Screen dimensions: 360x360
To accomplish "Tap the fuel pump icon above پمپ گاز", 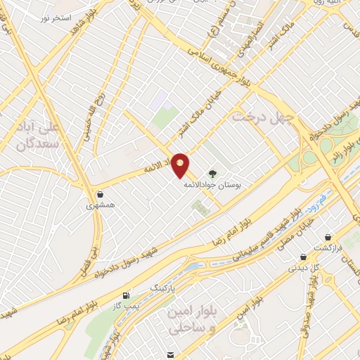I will tap(126, 295).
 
